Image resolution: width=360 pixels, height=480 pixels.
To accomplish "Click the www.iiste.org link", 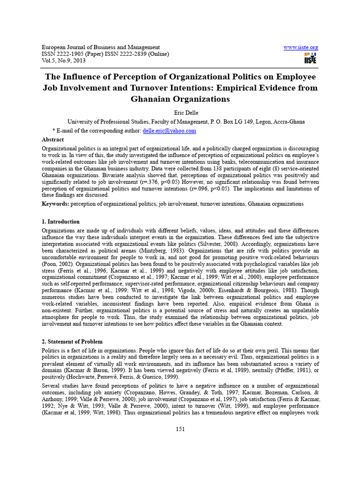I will coord(301,47).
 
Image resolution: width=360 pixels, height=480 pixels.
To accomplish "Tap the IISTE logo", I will coord(310,58).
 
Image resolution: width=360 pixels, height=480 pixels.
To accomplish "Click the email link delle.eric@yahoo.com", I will coord(169,131).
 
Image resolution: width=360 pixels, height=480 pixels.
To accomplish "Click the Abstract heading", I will coord(53,140).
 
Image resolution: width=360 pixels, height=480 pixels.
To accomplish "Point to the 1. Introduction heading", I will coord(61,221).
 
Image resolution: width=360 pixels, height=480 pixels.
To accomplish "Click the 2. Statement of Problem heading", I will coord(72,342).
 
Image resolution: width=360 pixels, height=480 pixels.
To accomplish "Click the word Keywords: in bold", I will coord(55,204).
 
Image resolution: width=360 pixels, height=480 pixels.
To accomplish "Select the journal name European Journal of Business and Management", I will coord(101,47).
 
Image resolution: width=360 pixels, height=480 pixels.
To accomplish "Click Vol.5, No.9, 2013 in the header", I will coord(64,61).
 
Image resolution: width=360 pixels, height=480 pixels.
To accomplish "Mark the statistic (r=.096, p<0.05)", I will coord(240,188).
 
